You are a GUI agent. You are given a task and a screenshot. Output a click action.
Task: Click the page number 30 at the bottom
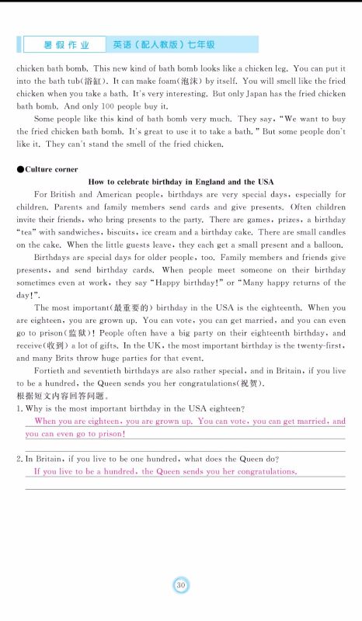tap(180, 585)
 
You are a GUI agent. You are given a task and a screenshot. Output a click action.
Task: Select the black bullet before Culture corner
tap(19, 168)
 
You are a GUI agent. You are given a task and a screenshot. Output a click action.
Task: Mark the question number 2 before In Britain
tap(19, 459)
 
